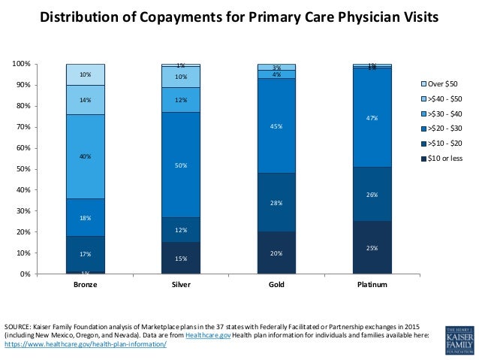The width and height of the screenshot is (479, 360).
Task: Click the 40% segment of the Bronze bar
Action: pyautogui.click(x=85, y=156)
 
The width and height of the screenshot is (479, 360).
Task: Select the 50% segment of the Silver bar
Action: pyautogui.click(x=181, y=165)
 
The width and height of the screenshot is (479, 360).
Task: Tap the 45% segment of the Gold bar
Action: pyautogui.click(x=276, y=126)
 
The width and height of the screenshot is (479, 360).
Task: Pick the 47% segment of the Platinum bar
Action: pyautogui.click(x=372, y=118)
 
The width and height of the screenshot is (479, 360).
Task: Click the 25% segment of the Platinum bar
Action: pyautogui.click(x=372, y=247)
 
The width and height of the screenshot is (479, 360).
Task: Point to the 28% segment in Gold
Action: pyautogui.click(x=276, y=203)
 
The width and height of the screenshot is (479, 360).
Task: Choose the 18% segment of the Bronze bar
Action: pyautogui.click(x=85, y=218)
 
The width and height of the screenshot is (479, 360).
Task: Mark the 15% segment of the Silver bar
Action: pyautogui.click(x=181, y=258)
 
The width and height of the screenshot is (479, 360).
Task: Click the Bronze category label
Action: pyautogui.click(x=85, y=286)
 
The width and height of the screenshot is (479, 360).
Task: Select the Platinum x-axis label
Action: pyautogui.click(x=372, y=286)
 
